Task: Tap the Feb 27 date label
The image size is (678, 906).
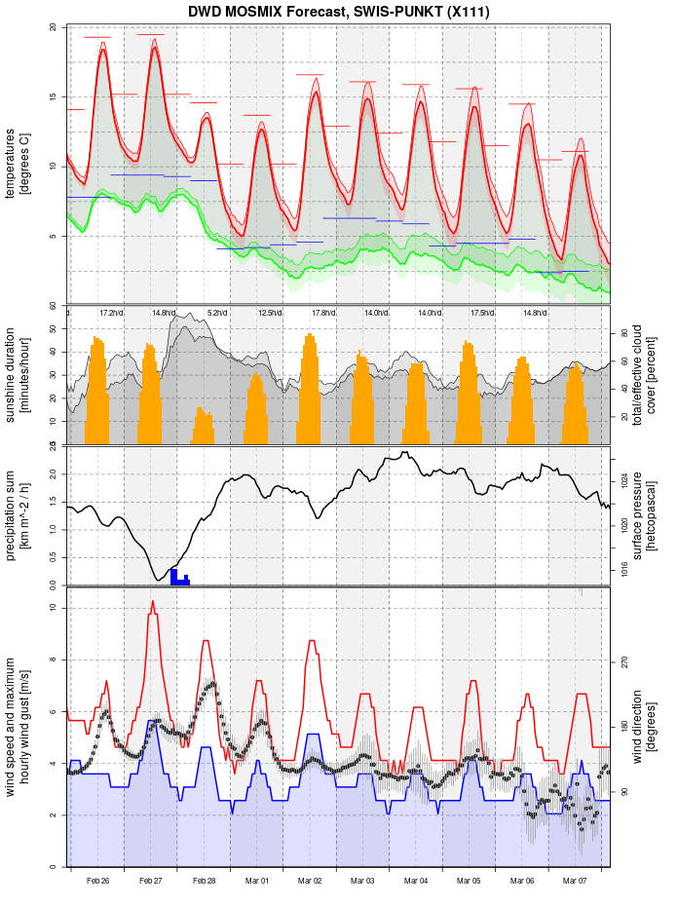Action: pos(151,881)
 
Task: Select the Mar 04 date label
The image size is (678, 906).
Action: pos(416,881)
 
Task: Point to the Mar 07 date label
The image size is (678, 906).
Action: pos(575,881)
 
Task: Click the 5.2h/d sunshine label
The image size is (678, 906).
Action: pos(216,313)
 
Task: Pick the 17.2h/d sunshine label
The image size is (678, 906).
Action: pos(111,313)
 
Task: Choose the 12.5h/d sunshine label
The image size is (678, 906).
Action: pos(270,313)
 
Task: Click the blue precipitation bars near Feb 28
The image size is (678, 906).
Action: pos(179,577)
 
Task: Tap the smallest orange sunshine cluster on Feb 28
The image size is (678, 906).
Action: pos(203,427)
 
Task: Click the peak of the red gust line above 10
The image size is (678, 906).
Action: pos(153,602)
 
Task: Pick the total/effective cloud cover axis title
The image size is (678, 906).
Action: pos(644,375)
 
